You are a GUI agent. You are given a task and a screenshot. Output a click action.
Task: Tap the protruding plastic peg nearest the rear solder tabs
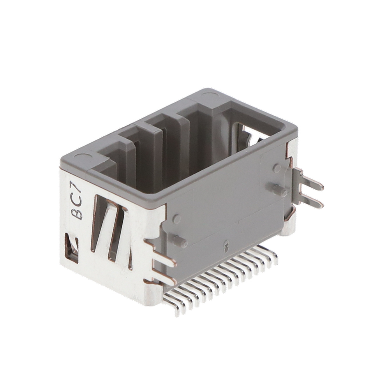coord(280,190)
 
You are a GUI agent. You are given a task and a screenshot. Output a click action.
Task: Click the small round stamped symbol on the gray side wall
coord(226,245)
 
